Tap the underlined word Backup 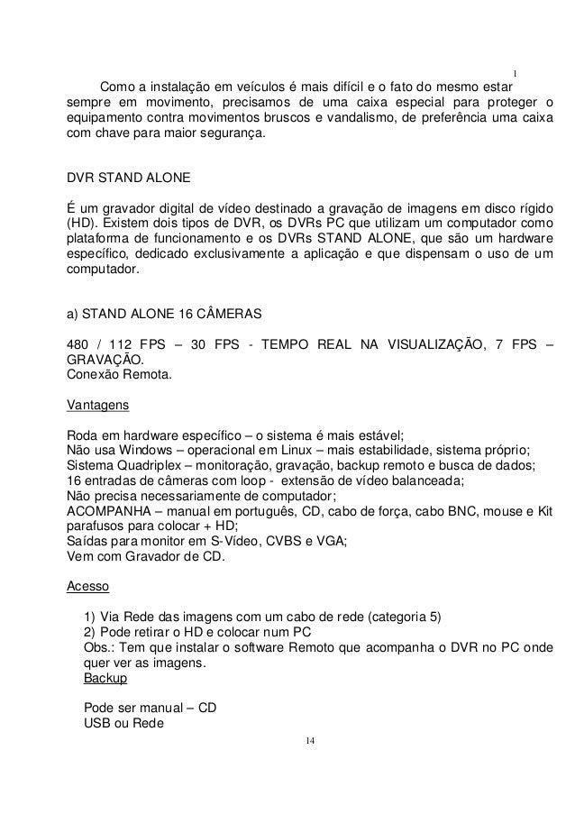point(105,677)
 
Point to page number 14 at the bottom point(309,741)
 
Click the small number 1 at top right point(515,73)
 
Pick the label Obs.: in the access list point(99,647)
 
